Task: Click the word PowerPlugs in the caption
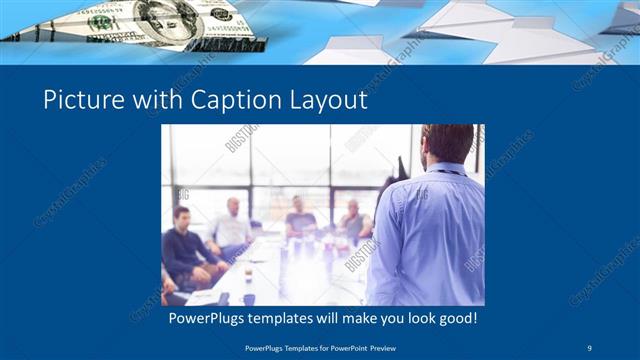202,319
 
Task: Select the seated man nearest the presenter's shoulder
354,222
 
